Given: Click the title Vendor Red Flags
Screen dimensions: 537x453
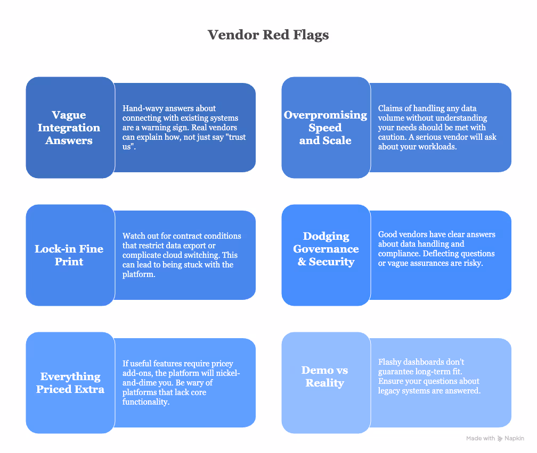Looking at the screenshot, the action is [x=268, y=35].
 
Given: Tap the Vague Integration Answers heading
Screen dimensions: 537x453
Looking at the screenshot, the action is [x=69, y=128].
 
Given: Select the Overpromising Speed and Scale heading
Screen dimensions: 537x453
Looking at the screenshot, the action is [x=325, y=128].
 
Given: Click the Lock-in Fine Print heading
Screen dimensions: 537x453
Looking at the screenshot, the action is [x=69, y=255].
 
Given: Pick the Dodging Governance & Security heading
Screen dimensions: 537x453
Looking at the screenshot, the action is [x=326, y=249].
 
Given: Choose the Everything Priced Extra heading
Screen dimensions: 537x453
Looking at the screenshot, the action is [x=70, y=383].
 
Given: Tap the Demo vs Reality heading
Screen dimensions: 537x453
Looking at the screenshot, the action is [x=324, y=376].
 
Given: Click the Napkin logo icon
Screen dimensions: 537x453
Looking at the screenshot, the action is [x=500, y=439].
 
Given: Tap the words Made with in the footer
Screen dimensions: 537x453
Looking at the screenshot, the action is [x=481, y=439].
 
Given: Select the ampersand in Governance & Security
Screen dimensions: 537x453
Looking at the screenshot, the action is [x=302, y=262].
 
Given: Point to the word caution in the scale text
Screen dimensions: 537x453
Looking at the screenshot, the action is [x=392, y=137].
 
